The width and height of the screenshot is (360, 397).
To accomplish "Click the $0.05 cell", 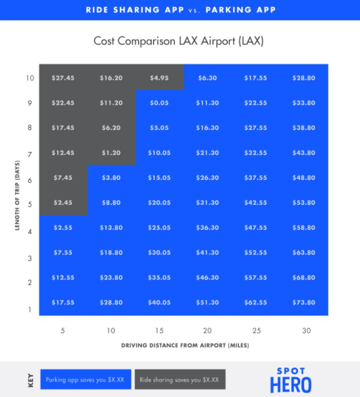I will click(159, 103).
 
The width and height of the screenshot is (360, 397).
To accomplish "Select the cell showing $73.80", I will click(304, 303).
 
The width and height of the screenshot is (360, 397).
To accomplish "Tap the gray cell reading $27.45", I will click(63, 78).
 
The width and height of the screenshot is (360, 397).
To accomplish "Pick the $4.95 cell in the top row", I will click(159, 78).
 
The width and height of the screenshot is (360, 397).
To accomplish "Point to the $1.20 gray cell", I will click(111, 153).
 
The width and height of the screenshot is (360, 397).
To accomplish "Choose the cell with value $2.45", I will click(63, 203).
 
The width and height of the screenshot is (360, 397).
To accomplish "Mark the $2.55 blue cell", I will click(63, 228).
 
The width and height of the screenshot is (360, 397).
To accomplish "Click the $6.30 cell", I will click(208, 78).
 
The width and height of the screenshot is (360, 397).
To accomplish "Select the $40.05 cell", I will click(159, 303).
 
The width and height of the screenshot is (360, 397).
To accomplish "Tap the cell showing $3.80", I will click(111, 178).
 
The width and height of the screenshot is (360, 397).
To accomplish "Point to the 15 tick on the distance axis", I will click(159, 331).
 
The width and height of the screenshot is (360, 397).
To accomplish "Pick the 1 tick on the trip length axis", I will click(30, 310).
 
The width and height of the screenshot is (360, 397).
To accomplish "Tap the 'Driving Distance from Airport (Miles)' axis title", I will click(185, 345).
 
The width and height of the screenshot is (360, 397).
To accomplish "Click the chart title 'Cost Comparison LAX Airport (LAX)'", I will click(180, 41).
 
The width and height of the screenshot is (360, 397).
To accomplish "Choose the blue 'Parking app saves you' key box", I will click(84, 380).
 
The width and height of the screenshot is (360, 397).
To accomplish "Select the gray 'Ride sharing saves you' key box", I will click(180, 380).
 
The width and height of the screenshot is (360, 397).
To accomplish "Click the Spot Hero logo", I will click(290, 379).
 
